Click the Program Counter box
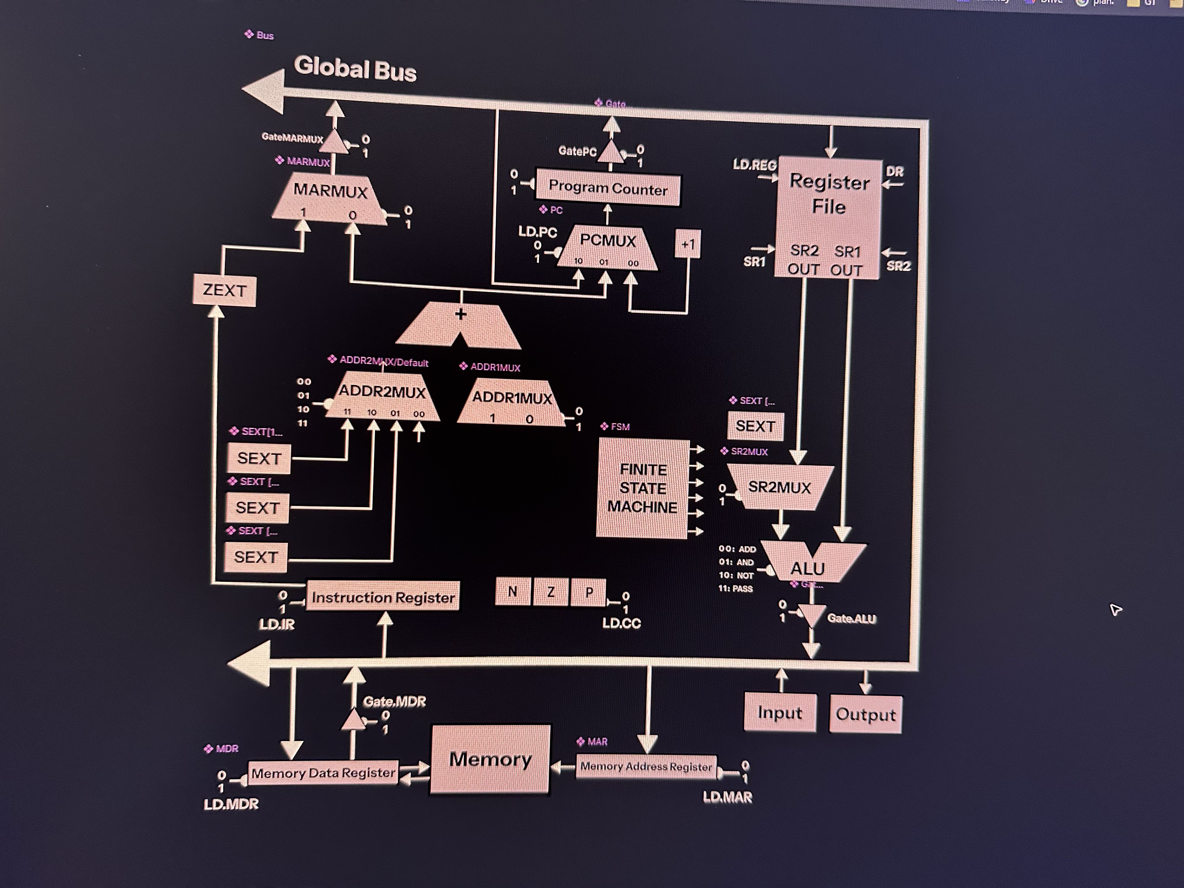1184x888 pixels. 608,189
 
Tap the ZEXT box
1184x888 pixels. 224,291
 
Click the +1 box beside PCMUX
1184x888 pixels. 688,245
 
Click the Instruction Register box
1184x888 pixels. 383,597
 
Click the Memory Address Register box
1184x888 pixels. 646,766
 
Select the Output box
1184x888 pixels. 865,714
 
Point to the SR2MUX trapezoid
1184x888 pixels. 779,487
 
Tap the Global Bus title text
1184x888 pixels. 355,69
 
